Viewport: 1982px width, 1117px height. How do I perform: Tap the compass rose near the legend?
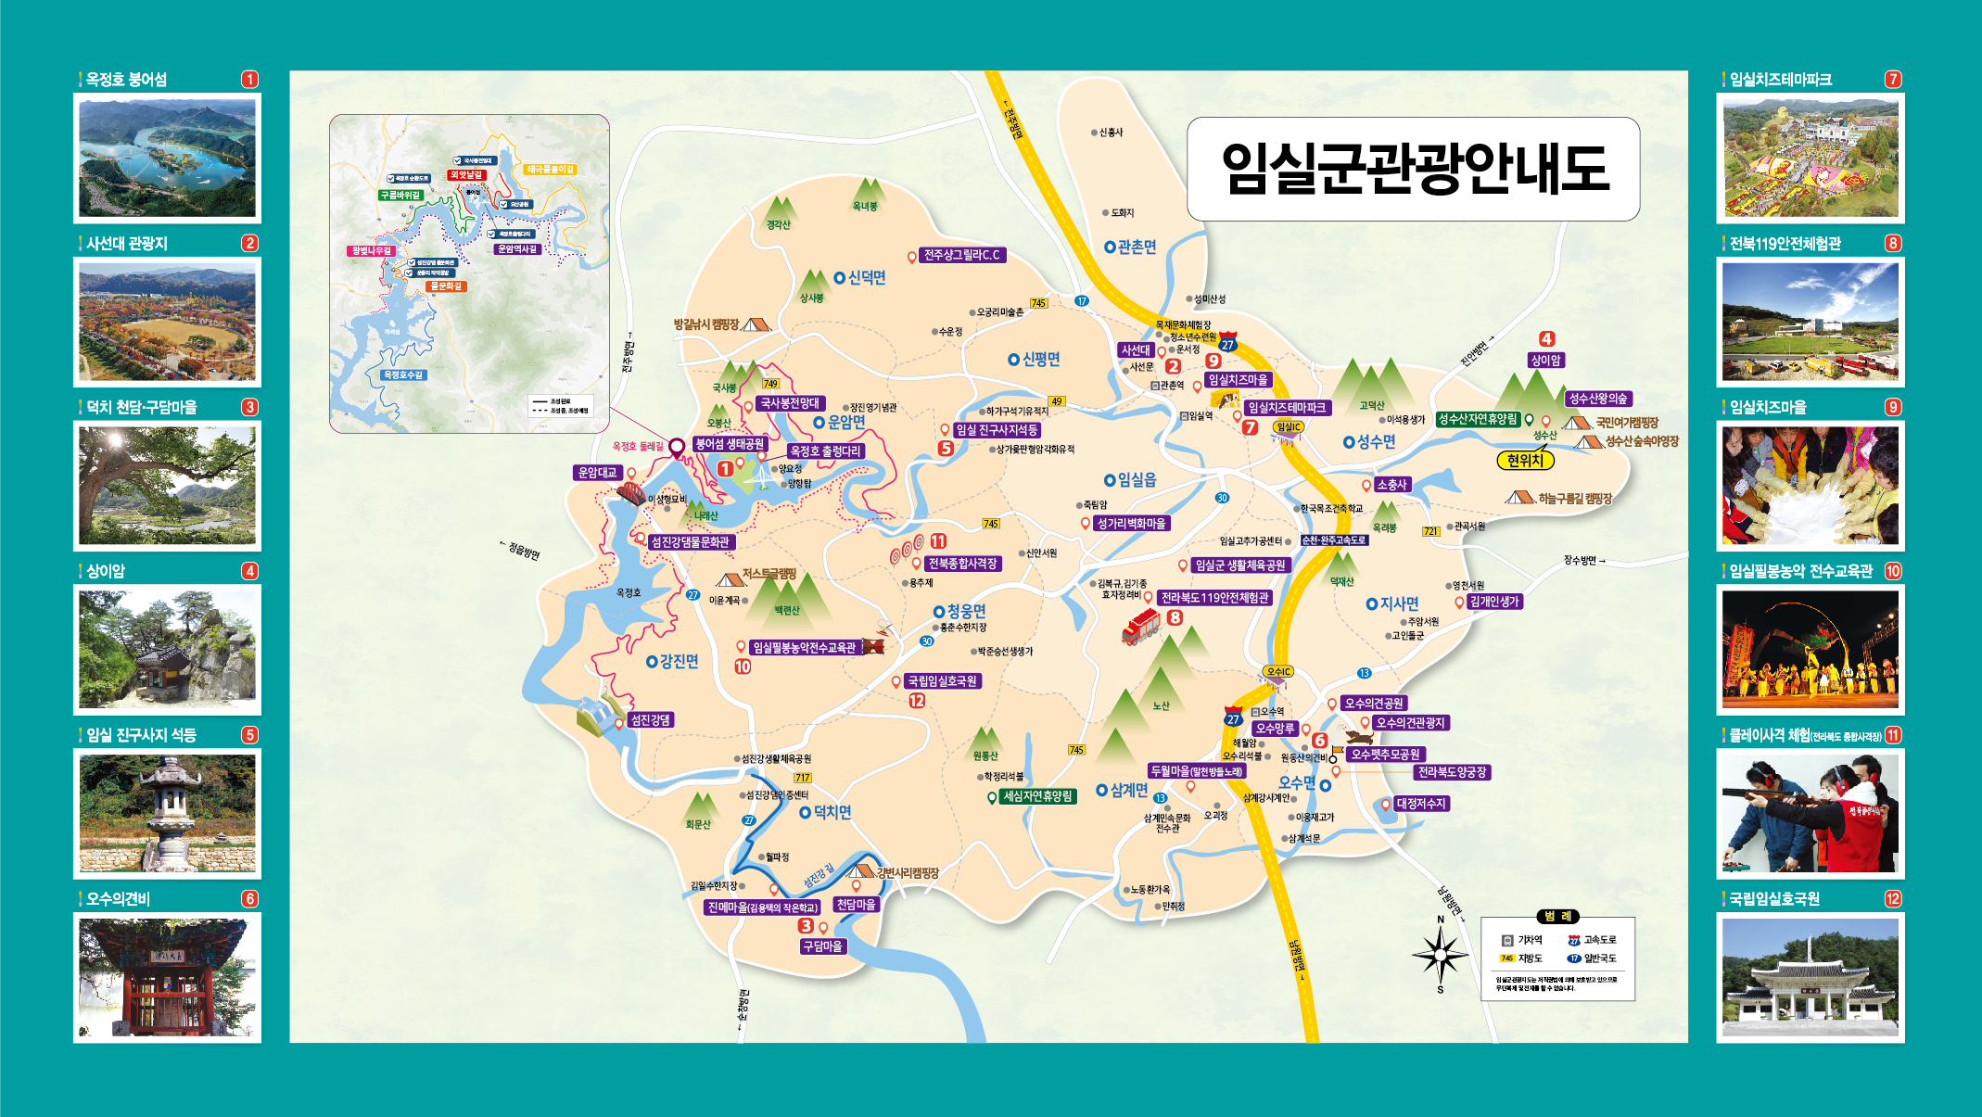pos(1440,953)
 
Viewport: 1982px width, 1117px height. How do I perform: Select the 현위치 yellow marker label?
pos(1524,461)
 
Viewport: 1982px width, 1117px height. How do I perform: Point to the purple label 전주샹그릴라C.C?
pos(962,255)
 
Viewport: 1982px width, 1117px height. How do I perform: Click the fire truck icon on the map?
pos(1139,627)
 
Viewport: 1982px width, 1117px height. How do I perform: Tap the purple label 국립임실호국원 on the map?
pos(942,681)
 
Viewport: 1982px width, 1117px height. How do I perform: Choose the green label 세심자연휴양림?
pos(1037,796)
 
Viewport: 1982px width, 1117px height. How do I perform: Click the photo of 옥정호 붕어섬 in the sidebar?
pos(167,158)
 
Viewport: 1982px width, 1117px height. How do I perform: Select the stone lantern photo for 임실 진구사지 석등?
pos(167,813)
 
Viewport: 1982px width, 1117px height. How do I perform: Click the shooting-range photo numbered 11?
pos(1810,813)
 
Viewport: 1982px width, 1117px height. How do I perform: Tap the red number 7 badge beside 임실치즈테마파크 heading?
pos(1893,80)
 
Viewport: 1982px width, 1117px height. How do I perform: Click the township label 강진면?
pos(679,661)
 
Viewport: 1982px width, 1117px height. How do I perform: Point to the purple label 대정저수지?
pos(1421,804)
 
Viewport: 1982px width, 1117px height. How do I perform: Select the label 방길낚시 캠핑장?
pos(706,324)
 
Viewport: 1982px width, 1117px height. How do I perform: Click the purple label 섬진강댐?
pos(650,719)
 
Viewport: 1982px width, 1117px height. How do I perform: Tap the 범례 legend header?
pos(1557,917)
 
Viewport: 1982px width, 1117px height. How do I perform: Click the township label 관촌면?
pos(1137,247)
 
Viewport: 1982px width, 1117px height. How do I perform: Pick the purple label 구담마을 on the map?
pos(822,946)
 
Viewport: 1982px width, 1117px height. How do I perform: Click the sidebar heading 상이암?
pos(106,571)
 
